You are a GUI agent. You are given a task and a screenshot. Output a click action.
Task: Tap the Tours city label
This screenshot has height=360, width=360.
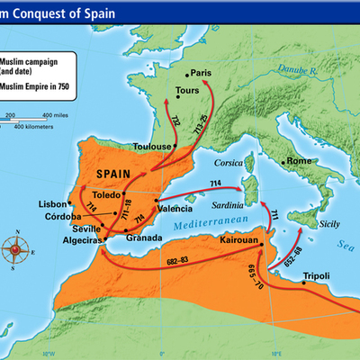[188, 91]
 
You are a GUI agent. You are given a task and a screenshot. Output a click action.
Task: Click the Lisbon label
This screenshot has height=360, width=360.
[53, 204]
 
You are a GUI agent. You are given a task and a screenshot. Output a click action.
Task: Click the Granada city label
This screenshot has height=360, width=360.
[145, 238]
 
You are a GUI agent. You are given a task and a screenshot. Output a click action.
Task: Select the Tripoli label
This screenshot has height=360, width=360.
[319, 275]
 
